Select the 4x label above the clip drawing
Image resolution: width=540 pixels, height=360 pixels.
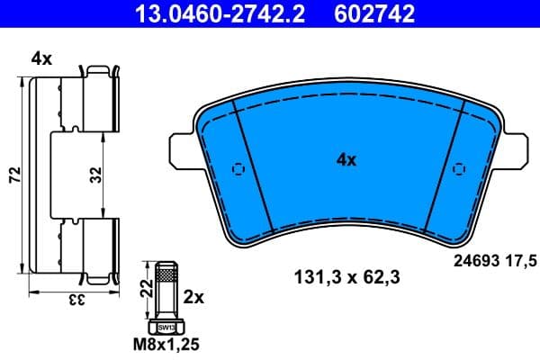41,58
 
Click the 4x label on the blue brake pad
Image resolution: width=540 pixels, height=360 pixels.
346,160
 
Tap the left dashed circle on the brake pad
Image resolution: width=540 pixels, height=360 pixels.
238,168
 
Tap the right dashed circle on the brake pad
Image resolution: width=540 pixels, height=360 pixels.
458,168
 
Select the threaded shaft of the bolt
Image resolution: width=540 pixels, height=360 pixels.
166,288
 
